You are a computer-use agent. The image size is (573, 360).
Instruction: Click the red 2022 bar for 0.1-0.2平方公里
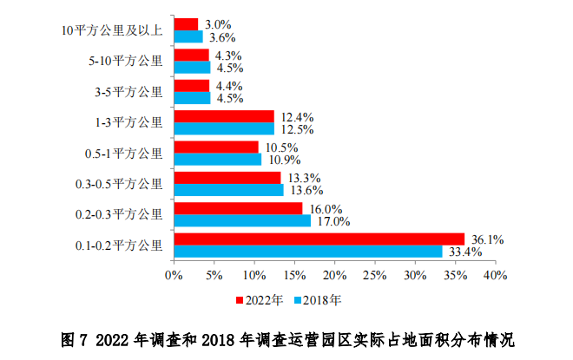pos(319,239)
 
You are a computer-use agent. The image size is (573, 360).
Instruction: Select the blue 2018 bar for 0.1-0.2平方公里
pos(308,252)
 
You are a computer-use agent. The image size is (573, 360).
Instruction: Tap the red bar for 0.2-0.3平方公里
pos(238,208)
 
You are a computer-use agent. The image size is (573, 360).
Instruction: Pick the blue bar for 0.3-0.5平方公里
pos(228,190)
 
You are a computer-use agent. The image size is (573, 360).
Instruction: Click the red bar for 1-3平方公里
pos(224,116)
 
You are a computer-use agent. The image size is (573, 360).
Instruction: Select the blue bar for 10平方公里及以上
pos(188,36)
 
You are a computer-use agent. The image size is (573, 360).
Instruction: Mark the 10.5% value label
pos(279,147)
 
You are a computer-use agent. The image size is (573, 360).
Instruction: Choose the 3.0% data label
pos(214,23)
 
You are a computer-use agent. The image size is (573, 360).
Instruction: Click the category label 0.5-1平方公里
pos(123,154)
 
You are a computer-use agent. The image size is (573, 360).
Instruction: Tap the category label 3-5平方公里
pos(128,91)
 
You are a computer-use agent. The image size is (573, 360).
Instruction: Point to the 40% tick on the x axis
pos(495,275)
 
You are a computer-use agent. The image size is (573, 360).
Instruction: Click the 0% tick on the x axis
pos(174,275)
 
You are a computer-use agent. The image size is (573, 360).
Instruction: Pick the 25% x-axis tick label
pos(374,275)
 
